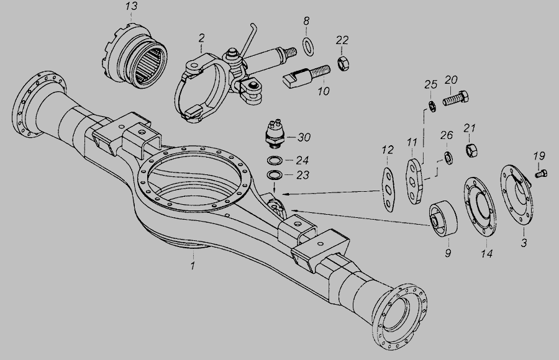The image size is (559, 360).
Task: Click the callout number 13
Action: coord(131,6)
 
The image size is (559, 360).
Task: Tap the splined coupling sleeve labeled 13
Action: coord(137,56)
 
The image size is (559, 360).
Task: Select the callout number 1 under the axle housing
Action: coord(193,266)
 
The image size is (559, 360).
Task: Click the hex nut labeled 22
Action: coord(343,64)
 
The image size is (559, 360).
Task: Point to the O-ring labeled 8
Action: coord(308,47)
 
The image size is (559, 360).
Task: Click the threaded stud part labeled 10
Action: coord(306,76)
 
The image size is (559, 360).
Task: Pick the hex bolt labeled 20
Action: coord(456,98)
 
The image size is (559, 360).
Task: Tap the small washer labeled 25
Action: coord(432,106)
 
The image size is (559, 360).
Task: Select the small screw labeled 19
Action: coord(541,174)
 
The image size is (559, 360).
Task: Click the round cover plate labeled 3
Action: coord(517,195)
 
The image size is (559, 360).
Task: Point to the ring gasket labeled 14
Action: coord(480,207)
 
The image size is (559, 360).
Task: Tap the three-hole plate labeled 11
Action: coord(415,181)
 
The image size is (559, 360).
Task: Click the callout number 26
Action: coord(447,135)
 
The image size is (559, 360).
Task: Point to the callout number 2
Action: coord(201,38)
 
